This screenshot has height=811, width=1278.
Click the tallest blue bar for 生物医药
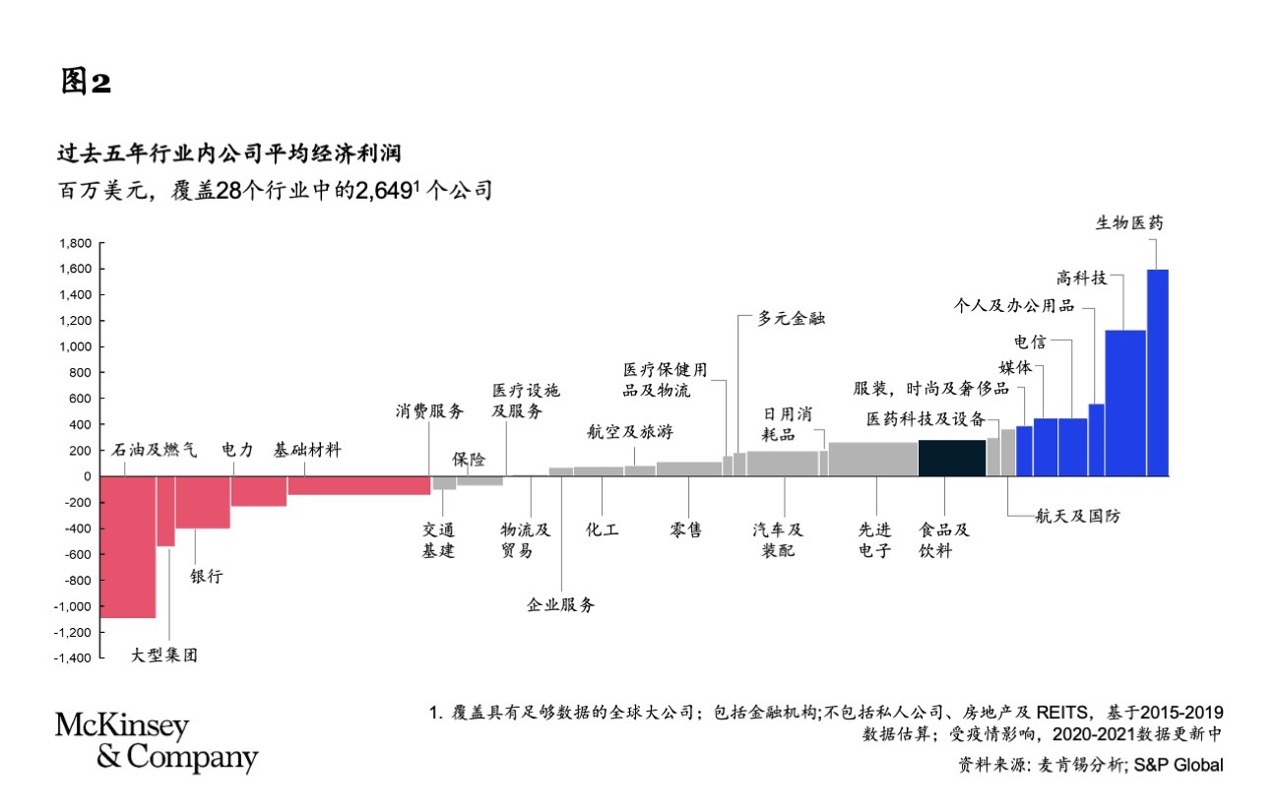tap(1158, 373)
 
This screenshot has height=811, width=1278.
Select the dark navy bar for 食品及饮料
tap(952, 458)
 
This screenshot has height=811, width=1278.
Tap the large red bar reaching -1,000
tap(128, 547)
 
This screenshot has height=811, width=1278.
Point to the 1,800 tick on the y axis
tap(102, 243)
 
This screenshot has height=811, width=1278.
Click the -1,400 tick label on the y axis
tap(73, 658)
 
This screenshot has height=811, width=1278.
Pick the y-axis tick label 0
tap(88, 476)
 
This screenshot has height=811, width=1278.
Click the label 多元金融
tap(792, 318)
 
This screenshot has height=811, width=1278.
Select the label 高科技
tap(1082, 278)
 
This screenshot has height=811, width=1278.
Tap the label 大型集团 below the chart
tap(164, 655)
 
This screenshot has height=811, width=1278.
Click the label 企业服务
tap(561, 604)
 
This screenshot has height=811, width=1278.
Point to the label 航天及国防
tap(1078, 516)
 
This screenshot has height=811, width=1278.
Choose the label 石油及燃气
tap(154, 450)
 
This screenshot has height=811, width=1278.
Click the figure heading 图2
tap(86, 81)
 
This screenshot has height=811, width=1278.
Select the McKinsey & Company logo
tap(157, 742)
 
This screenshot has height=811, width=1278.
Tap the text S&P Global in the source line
tap(1179, 765)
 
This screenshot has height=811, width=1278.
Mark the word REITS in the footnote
tap(1061, 713)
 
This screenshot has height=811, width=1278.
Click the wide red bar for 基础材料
tap(358, 485)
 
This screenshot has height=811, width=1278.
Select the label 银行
tap(207, 576)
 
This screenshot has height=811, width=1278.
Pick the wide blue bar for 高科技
tap(1125, 404)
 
